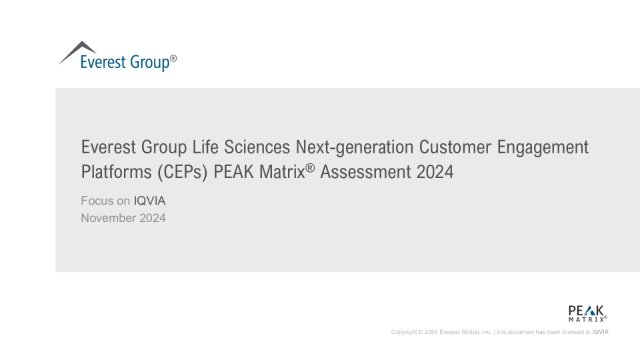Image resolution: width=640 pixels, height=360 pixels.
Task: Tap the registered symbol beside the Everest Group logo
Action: click(x=173, y=59)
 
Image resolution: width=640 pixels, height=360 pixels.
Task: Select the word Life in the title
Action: click(x=205, y=147)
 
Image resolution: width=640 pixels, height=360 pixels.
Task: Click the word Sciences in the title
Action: click(x=257, y=147)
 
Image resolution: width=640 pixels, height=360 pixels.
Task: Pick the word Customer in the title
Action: click(x=455, y=147)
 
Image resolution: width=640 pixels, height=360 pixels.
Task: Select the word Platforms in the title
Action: click(x=116, y=172)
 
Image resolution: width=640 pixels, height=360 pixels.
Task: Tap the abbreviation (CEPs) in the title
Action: click(x=183, y=172)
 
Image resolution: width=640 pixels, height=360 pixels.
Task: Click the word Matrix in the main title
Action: click(x=282, y=172)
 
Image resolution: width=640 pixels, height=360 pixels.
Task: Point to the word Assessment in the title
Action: click(x=365, y=172)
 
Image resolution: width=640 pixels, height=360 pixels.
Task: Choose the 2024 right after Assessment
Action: click(x=435, y=172)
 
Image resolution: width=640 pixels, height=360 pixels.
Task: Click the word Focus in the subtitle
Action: click(x=97, y=201)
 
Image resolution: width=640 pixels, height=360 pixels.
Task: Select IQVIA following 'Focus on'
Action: click(x=149, y=201)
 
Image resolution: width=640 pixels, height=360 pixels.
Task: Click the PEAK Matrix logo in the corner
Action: click(x=587, y=313)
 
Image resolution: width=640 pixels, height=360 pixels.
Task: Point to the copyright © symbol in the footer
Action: click(x=421, y=332)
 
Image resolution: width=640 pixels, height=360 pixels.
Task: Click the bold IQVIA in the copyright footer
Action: click(x=601, y=332)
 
